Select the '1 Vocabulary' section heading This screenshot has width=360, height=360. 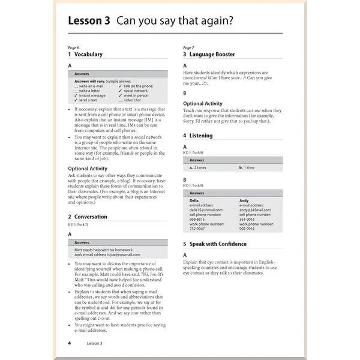pyautogui.click(x=85, y=54)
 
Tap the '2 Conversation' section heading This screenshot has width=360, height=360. pyautogui.click(x=88, y=217)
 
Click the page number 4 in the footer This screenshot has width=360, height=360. pyautogui.click(x=70, y=343)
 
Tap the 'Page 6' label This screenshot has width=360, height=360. pyautogui.click(x=73, y=47)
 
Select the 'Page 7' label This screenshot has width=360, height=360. pyautogui.click(x=188, y=47)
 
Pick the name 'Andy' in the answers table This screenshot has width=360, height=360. pyautogui.click(x=244, y=200)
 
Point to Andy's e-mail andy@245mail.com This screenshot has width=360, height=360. pyautogui.click(x=256, y=210)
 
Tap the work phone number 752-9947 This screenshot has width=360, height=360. pyautogui.click(x=197, y=229)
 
